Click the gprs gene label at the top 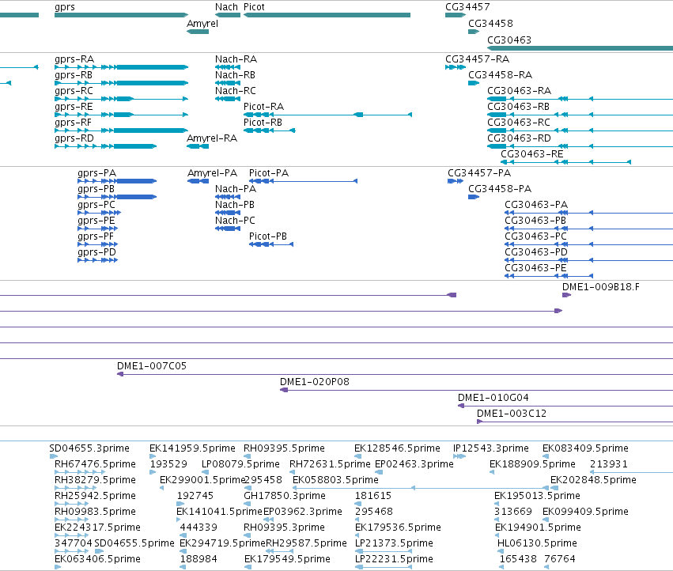point(65,7)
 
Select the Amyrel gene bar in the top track point(198,32)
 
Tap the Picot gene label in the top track point(254,7)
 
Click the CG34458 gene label point(490,23)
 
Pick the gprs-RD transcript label point(74,138)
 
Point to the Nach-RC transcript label point(235,91)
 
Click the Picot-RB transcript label point(263,123)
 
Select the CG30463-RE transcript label point(531,153)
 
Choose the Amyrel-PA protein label point(212,173)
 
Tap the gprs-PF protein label point(96,236)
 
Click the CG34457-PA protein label point(479,173)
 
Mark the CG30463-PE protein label point(535,268)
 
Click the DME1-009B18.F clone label point(600,287)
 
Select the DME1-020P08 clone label point(315,382)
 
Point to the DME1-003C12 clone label point(512,414)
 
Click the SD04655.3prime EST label point(89,448)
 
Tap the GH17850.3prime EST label point(285,495)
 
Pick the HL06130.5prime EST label point(537,543)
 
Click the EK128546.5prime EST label point(397,448)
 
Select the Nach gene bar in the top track point(228,15)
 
